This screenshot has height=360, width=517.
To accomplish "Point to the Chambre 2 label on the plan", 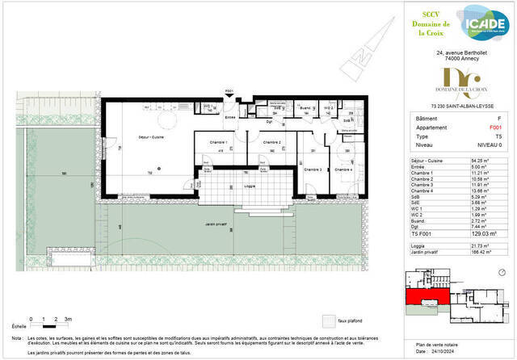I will pos(273,143).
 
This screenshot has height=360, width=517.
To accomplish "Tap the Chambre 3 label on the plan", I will pos(313,170).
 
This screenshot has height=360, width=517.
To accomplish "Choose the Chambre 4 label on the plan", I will pos(344,170).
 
